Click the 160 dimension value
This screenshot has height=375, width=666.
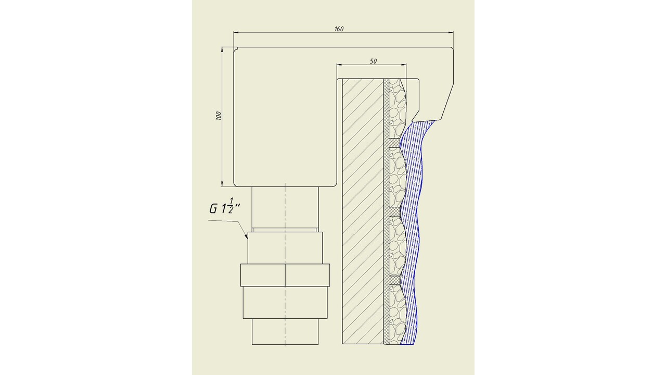[339, 29]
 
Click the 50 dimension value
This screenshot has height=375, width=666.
[373, 61]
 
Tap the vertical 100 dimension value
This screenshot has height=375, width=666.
[219, 116]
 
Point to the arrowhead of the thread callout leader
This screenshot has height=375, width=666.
[246, 236]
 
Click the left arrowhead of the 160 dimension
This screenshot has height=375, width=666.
[237, 32]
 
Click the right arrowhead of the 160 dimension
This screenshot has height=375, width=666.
[450, 32]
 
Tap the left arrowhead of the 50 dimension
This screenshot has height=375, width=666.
[340, 64]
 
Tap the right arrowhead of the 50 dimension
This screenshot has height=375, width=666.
[403, 64]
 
